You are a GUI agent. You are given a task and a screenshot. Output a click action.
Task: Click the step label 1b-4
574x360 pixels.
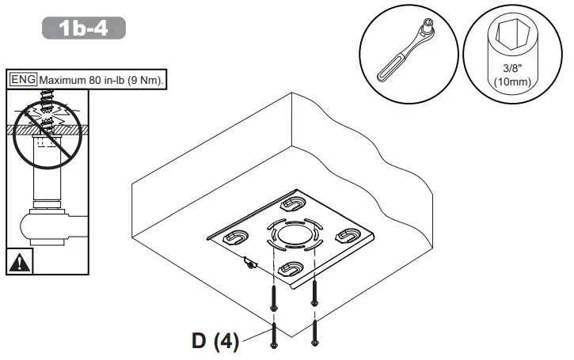click(84, 28)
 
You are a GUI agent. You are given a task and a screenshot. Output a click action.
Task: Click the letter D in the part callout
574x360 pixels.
click(202, 342)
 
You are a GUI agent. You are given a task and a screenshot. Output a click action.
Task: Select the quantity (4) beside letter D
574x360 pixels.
click(228, 342)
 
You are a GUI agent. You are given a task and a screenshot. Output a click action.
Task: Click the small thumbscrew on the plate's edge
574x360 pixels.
click(250, 263)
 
